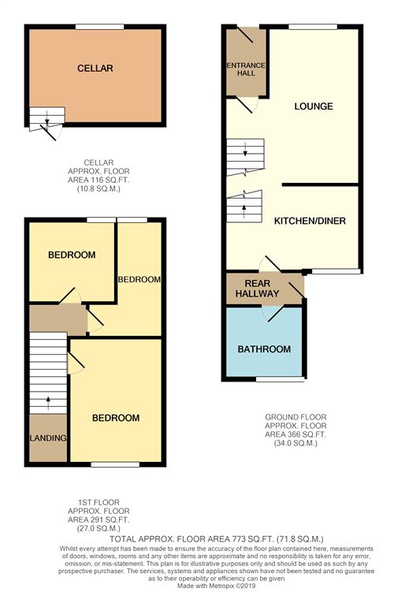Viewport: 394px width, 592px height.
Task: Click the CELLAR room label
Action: (95, 69)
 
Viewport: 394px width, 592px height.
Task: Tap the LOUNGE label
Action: (314, 106)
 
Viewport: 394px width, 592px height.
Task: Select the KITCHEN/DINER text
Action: (310, 221)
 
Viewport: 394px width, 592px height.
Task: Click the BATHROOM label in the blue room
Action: (264, 349)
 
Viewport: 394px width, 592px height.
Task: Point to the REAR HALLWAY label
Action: (262, 289)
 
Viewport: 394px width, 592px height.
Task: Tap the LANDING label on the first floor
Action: (48, 438)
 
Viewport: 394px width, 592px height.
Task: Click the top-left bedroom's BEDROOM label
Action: (72, 255)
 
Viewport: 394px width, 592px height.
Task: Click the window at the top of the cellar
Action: (99, 27)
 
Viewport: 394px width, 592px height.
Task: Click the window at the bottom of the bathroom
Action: (280, 379)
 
